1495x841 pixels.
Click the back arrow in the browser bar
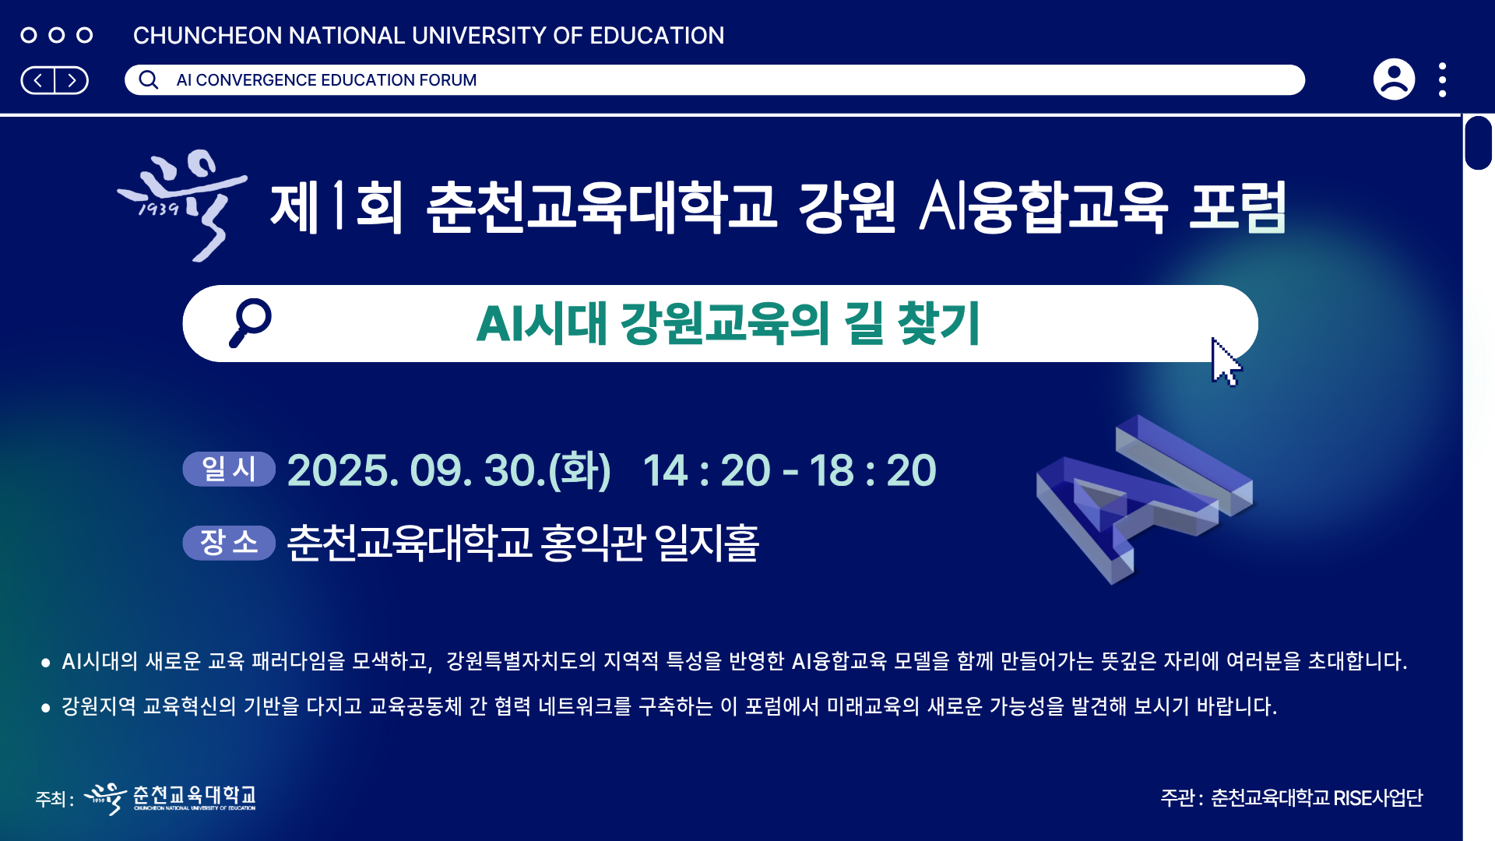point(38,80)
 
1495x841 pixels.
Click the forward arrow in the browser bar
point(72,80)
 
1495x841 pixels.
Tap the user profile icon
point(1394,79)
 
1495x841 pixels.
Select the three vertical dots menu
point(1443,79)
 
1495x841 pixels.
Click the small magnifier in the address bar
point(149,79)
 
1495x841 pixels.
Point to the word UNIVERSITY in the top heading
point(479,36)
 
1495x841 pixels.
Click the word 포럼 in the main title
point(1237,207)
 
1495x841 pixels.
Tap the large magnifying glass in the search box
point(250,322)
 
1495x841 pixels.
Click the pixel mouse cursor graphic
point(1226,362)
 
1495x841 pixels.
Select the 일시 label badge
point(229,469)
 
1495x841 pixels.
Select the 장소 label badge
point(229,542)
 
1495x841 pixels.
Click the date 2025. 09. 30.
point(417,470)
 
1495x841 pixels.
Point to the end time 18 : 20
point(873,470)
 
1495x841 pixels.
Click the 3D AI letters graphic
point(1145,499)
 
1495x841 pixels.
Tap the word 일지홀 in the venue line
point(707,543)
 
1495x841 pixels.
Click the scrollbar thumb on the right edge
point(1478,143)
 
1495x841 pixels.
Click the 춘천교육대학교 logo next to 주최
point(170,798)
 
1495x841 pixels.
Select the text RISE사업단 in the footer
point(1378,798)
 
